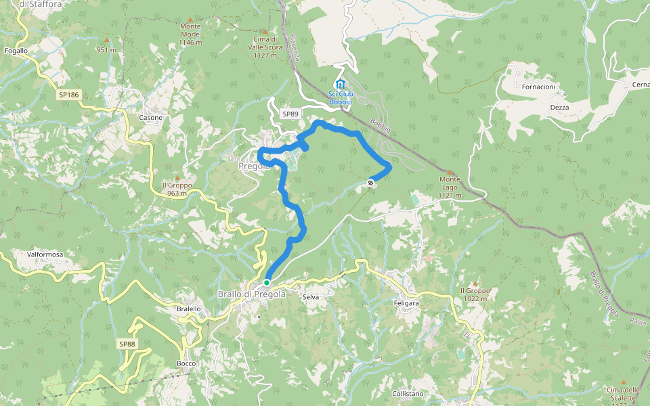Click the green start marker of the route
tap(267, 282)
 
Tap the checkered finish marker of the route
tap(370, 182)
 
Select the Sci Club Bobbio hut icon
tap(340, 84)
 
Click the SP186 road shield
tap(69, 95)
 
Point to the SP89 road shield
tap(290, 114)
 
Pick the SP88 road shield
tap(127, 344)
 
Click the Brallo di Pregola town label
tap(252, 294)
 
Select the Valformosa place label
tap(45, 254)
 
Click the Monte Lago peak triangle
tap(450, 172)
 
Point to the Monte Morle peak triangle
tap(190, 20)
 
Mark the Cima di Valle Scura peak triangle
tap(265, 31)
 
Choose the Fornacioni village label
tap(538, 87)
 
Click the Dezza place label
tap(559, 108)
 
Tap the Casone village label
tap(150, 118)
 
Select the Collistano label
tap(408, 393)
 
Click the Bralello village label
tap(188, 309)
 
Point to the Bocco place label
tap(186, 363)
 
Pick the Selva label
tap(311, 297)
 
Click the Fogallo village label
tap(16, 51)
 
